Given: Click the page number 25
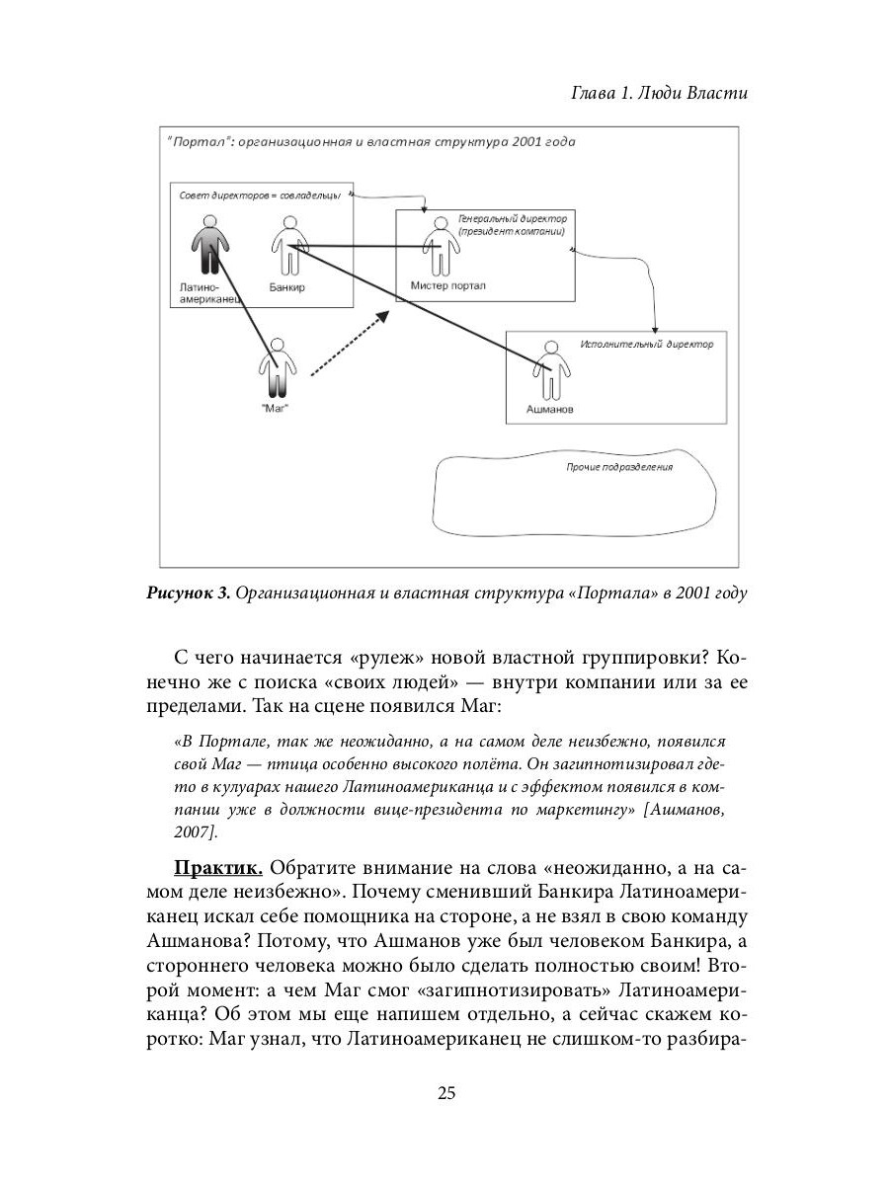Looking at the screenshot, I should pos(445,1093).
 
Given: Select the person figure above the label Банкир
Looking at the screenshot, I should pos(288,246).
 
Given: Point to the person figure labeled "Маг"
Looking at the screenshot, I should pos(277,369).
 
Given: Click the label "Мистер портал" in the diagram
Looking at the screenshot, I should pos(446,286).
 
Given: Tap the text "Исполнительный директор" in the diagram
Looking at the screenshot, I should pos(646,345).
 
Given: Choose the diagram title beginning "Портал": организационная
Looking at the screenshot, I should pos(369,141).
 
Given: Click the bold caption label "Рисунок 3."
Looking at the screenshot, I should pos(189,592).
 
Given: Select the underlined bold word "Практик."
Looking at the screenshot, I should pos(217,868).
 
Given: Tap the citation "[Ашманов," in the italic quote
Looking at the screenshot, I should pos(689,811).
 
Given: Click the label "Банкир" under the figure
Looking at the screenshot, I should pos(286,287).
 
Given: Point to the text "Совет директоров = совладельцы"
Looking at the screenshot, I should pos(259,196).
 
